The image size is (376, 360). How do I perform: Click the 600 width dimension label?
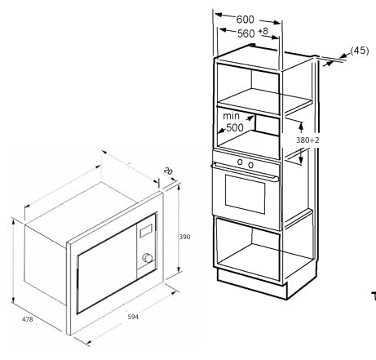[x=245, y=20]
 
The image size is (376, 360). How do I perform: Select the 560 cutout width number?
[x=246, y=33]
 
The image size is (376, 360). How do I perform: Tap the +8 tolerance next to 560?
[x=263, y=31]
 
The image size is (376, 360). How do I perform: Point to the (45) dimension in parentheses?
[x=360, y=51]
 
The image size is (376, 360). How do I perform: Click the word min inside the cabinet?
[x=231, y=116]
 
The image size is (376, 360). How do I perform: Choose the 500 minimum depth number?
[x=235, y=127]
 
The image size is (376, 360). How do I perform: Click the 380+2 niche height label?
[x=307, y=140]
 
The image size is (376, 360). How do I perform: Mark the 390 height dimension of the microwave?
[x=184, y=237]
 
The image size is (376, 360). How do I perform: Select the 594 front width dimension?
[x=133, y=317]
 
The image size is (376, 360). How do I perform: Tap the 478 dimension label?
[x=28, y=319]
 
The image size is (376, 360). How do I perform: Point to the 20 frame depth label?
[x=168, y=171]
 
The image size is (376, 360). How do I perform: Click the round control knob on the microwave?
[x=148, y=258]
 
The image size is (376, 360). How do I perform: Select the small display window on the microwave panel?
[x=146, y=231]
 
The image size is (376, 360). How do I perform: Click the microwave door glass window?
[x=107, y=269]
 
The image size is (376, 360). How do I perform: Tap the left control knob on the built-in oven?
[x=240, y=162]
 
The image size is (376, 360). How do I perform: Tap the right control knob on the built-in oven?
[x=250, y=165]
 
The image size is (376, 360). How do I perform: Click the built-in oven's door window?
[x=245, y=194]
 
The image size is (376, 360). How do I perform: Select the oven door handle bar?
[x=245, y=171]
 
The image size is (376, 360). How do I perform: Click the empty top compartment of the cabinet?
[x=248, y=88]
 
